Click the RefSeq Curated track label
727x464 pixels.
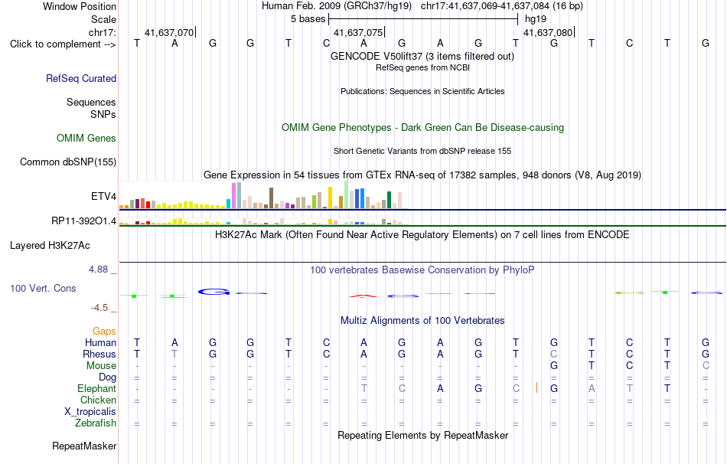(x=80, y=78)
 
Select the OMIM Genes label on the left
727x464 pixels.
(x=86, y=139)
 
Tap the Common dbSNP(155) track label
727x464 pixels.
(x=68, y=162)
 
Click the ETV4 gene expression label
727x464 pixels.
(x=103, y=196)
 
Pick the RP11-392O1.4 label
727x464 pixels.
(x=84, y=221)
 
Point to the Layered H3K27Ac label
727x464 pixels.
(x=50, y=246)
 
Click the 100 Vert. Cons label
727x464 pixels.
(x=43, y=288)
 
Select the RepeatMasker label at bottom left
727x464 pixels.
(x=84, y=446)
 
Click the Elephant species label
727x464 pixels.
(x=97, y=388)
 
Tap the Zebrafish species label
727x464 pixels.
(x=96, y=423)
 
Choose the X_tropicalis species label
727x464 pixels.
(x=90, y=412)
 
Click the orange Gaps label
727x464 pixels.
(x=104, y=331)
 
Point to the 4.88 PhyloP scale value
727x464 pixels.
(x=98, y=269)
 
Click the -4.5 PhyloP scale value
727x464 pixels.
(x=99, y=308)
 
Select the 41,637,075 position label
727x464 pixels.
(x=358, y=32)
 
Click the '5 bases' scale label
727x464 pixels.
(x=308, y=19)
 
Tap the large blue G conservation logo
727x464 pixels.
(x=214, y=292)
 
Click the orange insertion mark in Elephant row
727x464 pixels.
(x=536, y=387)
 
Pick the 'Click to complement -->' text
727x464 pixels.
(x=63, y=44)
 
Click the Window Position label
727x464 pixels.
(x=80, y=6)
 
